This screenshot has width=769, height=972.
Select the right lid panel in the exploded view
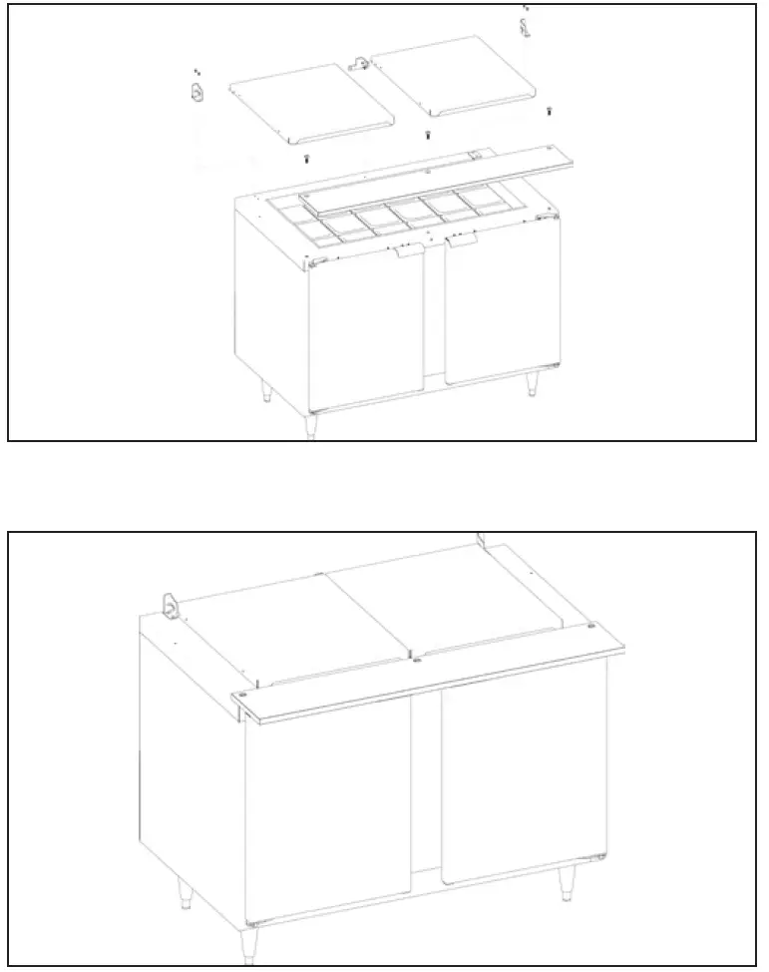[x=458, y=81]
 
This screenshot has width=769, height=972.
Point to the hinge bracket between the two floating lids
[x=359, y=65]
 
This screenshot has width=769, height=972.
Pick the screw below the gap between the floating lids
[x=428, y=135]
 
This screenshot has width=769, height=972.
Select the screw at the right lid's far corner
[x=549, y=111]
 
